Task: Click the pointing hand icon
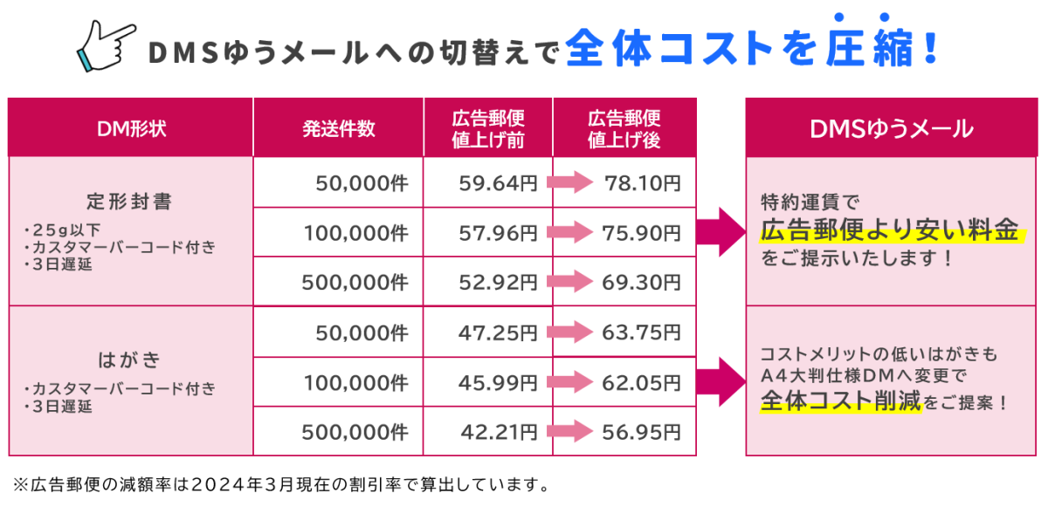coord(107,46)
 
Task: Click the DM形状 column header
coord(131,128)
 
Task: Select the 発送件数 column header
coord(339,128)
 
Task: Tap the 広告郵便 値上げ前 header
coord(488,128)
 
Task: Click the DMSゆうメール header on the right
coord(892,129)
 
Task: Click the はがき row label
coord(130,360)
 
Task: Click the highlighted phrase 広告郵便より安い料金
coord(890,231)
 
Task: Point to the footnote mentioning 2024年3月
coord(280,483)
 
